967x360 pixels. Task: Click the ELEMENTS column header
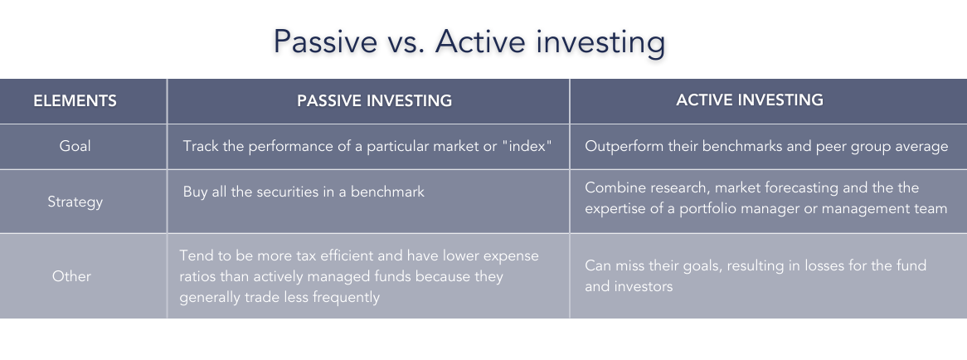click(75, 101)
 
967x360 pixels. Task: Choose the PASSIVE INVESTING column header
click(375, 101)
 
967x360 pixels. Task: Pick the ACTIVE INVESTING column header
click(750, 100)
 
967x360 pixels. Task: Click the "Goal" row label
click(75, 146)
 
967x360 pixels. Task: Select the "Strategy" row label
click(75, 202)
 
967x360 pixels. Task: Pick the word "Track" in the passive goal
click(201, 146)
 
